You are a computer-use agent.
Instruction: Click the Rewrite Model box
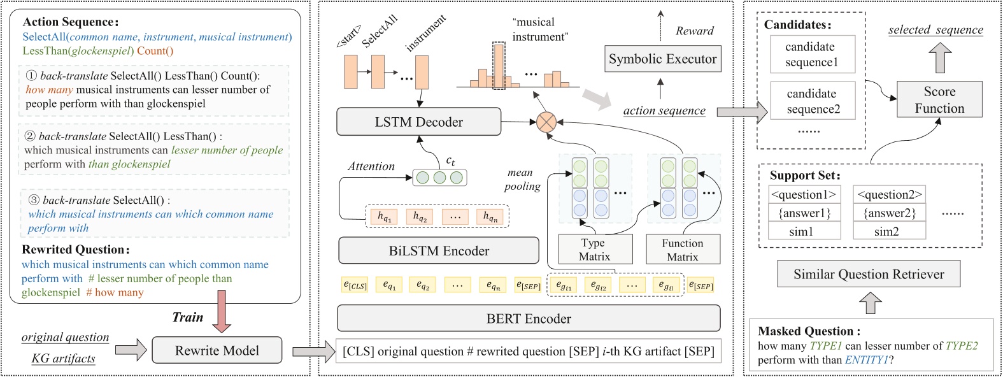coord(217,350)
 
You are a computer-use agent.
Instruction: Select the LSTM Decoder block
coord(418,122)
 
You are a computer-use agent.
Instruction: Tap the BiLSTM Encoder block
coord(438,251)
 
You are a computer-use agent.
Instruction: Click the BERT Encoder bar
coord(528,318)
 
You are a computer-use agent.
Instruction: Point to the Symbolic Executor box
coord(662,59)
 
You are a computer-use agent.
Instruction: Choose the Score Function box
coord(939,100)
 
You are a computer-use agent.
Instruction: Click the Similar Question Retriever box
coord(868,274)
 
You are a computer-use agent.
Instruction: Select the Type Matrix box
coord(595,250)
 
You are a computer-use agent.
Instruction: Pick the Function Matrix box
coord(682,250)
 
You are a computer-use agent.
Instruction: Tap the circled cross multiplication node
coord(546,122)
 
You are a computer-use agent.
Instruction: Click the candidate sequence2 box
coord(811,101)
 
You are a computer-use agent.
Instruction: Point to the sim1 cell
coord(801,231)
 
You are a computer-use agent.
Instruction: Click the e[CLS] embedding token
coord(355,285)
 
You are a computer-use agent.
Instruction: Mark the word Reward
coord(694,31)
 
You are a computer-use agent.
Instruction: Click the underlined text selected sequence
coord(935,30)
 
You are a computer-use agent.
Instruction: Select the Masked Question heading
coord(809,331)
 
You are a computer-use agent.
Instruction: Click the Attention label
coord(371,166)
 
